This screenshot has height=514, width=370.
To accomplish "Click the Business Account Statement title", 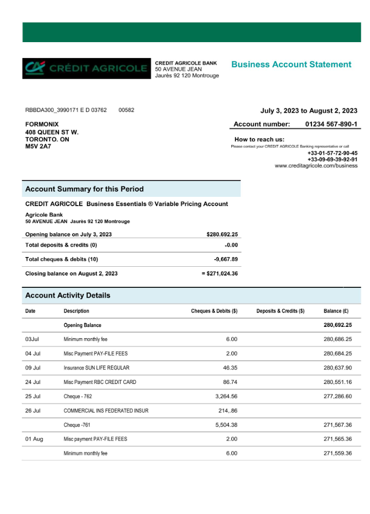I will pyautogui.click(x=291, y=64).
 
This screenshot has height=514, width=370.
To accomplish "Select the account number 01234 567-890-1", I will pyautogui.click(x=331, y=124).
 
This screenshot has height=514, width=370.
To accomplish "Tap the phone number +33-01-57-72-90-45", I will pyautogui.click(x=332, y=153).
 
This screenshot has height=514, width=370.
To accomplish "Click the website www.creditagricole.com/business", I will pyautogui.click(x=316, y=166).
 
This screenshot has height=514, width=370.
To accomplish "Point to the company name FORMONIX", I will pyautogui.click(x=42, y=124).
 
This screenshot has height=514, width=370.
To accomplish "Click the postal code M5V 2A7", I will pyautogui.click(x=38, y=146).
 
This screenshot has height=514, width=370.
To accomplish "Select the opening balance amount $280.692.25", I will pyautogui.click(x=222, y=234).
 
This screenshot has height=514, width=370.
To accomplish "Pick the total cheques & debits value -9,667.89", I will pyautogui.click(x=226, y=259).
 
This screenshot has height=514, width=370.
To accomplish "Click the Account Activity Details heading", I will pyautogui.click(x=67, y=296).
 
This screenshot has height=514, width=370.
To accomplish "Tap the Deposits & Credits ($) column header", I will pyautogui.click(x=280, y=311).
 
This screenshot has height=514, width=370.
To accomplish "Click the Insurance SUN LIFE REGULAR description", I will pyautogui.click(x=96, y=368).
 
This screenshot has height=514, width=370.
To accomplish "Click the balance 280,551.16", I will pyautogui.click(x=338, y=382).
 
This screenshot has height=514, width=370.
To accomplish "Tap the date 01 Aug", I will pyautogui.click(x=34, y=439).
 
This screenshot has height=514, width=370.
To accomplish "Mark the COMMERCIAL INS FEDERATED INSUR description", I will pyautogui.click(x=106, y=411).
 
